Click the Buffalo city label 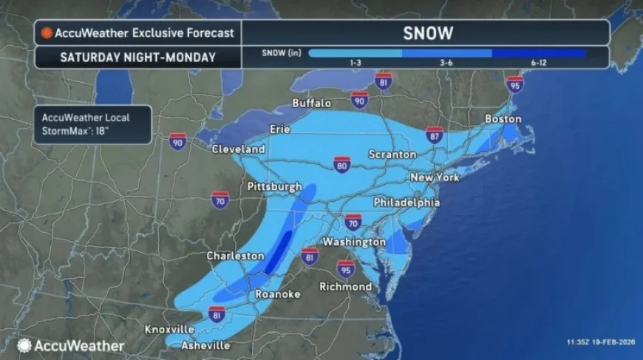pos(311,103)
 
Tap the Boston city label pos(503,119)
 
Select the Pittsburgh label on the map pos(275,186)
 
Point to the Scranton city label pos(392,154)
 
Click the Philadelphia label pos(406,202)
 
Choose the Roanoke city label pos(277,294)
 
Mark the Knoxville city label pos(169,329)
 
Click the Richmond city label pos(345,286)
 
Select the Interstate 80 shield pos(341,165)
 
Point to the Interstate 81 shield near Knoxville pos(217,313)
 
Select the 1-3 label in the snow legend pos(355,64)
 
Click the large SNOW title pos(428,33)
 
